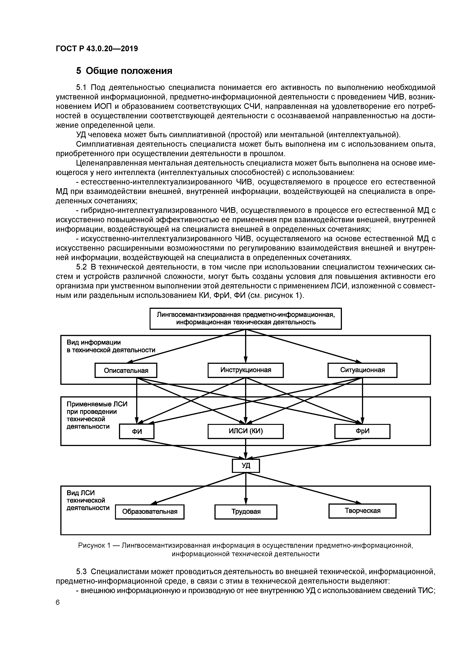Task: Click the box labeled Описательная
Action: [x=126, y=370]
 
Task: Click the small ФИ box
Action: [x=137, y=431]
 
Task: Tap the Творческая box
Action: [x=362, y=511]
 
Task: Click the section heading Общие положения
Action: [x=129, y=71]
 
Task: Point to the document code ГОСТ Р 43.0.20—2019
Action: [x=97, y=49]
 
